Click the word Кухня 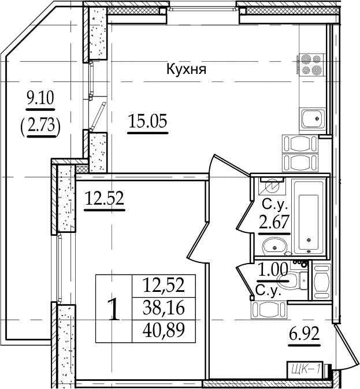tap(186, 69)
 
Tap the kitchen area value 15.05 tap(148, 121)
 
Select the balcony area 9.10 tap(40, 98)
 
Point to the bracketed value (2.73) tap(40, 125)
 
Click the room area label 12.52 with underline tap(105, 198)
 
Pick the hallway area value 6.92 tap(304, 334)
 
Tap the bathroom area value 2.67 tap(274, 221)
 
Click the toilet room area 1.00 tap(273, 270)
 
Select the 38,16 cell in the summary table tap(164, 309)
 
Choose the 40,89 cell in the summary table tap(164, 331)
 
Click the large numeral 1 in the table tap(114, 309)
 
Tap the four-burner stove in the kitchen tap(311, 65)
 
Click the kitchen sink tap(313, 118)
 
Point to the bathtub tap(308, 217)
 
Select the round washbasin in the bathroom tap(274, 246)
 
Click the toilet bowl tap(289, 280)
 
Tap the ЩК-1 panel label tap(305, 368)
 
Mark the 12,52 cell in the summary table tap(164, 286)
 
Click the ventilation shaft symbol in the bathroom tap(272, 186)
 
